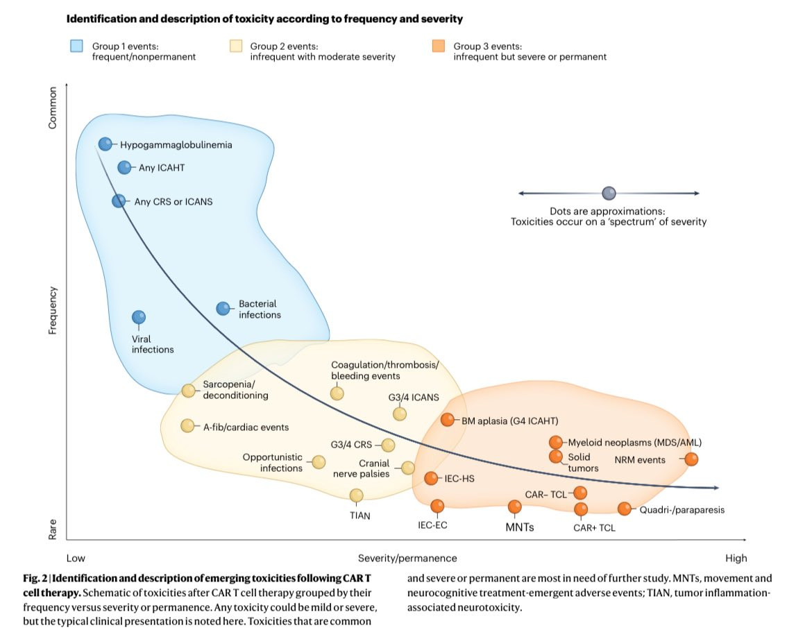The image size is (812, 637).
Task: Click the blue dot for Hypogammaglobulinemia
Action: [105, 144]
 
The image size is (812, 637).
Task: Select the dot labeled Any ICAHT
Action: [124, 167]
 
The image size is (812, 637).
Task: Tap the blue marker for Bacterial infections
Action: [223, 309]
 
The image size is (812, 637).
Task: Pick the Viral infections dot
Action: [139, 317]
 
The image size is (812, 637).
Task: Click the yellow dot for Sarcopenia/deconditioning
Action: [188, 391]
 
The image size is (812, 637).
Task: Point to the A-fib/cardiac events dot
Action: [187, 425]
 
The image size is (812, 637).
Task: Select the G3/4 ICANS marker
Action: [400, 414]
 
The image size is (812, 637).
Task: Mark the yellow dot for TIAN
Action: [356, 495]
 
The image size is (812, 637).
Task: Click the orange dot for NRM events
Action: [691, 459]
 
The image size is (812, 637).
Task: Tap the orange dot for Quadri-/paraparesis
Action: [625, 509]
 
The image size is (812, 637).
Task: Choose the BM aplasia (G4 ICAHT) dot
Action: [448, 420]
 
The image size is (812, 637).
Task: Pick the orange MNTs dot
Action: [515, 507]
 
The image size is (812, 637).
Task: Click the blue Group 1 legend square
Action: [76, 46]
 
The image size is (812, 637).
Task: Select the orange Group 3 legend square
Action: [438, 46]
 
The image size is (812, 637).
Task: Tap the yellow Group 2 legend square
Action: [235, 46]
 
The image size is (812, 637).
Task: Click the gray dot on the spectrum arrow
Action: [609, 193]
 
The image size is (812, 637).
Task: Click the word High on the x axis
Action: [736, 558]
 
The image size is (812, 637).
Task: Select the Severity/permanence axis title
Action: [407, 558]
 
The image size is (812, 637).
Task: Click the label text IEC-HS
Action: [468, 478]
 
